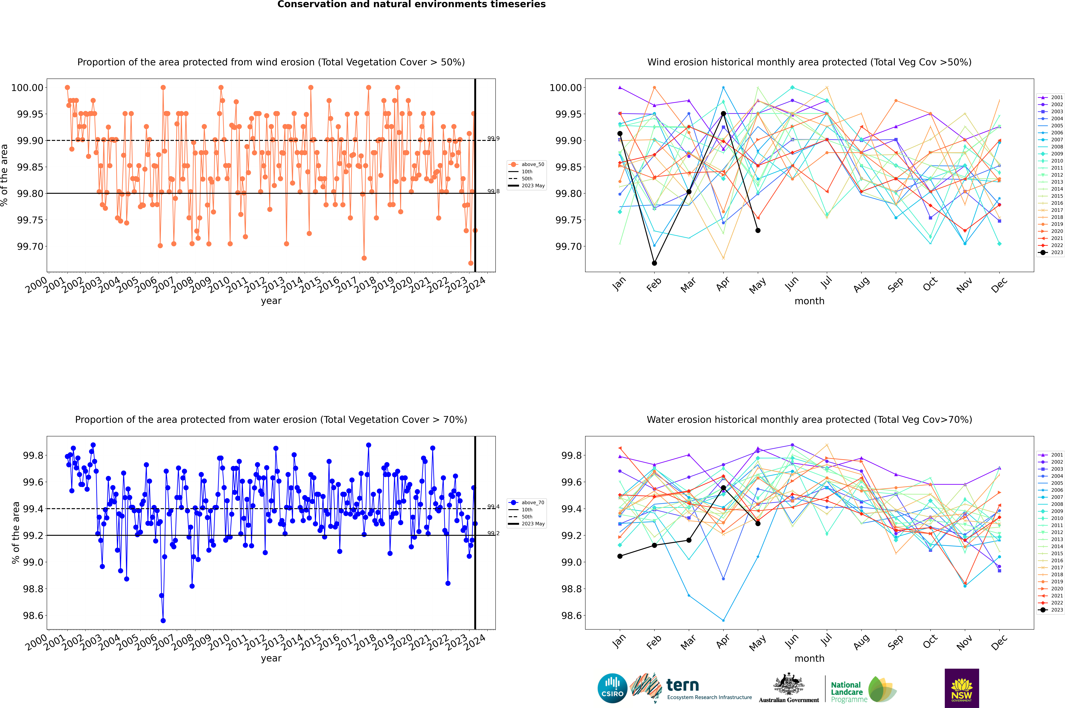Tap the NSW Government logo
coord(962,688)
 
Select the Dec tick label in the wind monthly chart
coord(999,285)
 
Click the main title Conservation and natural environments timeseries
coord(411,4)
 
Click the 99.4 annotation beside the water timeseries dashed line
coord(493,507)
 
